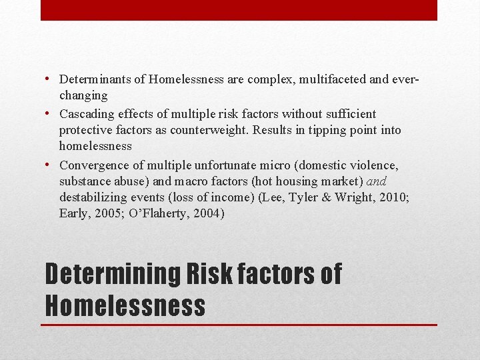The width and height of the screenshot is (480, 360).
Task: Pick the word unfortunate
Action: tap(225, 165)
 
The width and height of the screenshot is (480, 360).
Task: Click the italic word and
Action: tap(376, 181)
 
